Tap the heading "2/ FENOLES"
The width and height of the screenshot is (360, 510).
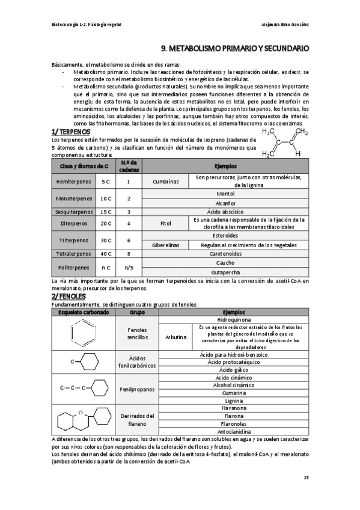click(x=69, y=296)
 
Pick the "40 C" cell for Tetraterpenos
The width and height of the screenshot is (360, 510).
click(x=106, y=254)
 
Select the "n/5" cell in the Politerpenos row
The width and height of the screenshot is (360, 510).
click(x=129, y=267)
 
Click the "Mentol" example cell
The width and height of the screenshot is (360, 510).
click(x=225, y=194)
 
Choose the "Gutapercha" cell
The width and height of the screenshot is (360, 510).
click(x=225, y=272)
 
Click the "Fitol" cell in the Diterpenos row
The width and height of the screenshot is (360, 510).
click(x=165, y=223)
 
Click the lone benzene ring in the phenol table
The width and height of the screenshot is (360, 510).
click(x=83, y=334)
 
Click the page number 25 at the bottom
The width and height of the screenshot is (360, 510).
click(x=306, y=478)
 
